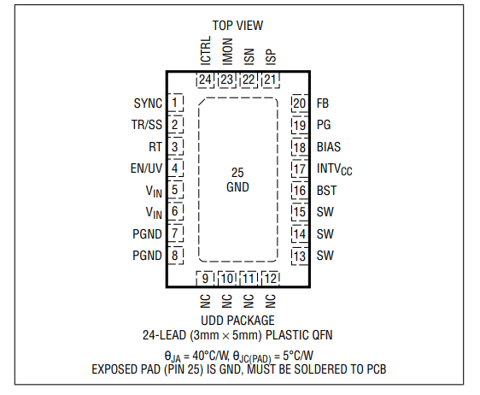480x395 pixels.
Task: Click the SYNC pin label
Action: tap(148, 103)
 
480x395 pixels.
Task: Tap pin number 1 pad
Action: tap(175, 103)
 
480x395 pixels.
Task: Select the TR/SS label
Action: tap(147, 125)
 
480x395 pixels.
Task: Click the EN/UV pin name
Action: tap(146, 168)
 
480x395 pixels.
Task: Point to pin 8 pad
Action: tap(175, 256)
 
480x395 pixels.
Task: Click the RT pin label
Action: tap(155, 147)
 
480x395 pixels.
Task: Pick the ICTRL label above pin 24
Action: tap(206, 50)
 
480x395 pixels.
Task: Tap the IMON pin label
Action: tap(227, 51)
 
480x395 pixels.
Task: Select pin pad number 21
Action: tap(271, 80)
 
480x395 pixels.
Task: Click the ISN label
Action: tap(249, 56)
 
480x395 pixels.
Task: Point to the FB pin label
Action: tap(323, 103)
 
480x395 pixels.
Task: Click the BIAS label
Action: tap(329, 147)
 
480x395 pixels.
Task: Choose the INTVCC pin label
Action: tap(334, 169)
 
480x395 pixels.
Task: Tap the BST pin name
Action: tap(326, 191)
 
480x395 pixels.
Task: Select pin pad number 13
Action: tap(300, 256)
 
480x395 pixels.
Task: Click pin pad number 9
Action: tap(205, 279)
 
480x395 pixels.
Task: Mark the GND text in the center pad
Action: tap(237, 187)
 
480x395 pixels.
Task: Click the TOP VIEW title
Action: tap(237, 26)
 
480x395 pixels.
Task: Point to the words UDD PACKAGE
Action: tap(237, 321)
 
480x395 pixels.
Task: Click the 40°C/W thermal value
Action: tap(211, 356)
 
